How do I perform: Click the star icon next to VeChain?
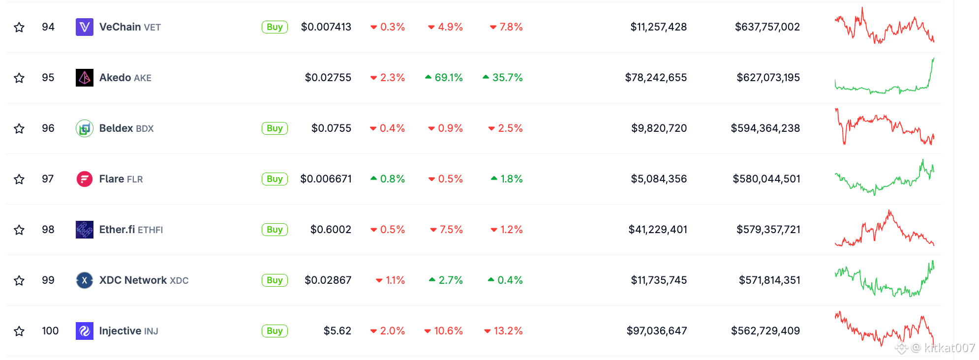[19, 27]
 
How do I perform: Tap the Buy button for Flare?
[275, 179]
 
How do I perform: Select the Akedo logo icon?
[85, 78]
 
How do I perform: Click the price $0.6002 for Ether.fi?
[331, 230]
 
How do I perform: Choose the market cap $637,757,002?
[767, 27]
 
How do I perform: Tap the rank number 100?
[50, 331]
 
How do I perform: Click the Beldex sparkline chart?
[885, 127]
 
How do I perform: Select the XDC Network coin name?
[133, 280]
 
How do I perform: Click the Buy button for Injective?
[275, 331]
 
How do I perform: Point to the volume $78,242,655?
[656, 78]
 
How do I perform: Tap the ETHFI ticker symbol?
[151, 230]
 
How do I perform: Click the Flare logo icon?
[85, 179]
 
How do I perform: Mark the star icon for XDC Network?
[19, 280]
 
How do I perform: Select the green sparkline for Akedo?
[885, 76]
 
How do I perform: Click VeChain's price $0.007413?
[326, 27]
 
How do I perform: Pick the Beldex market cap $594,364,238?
[765, 128]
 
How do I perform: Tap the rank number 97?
[48, 179]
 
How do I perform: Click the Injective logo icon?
[85, 331]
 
